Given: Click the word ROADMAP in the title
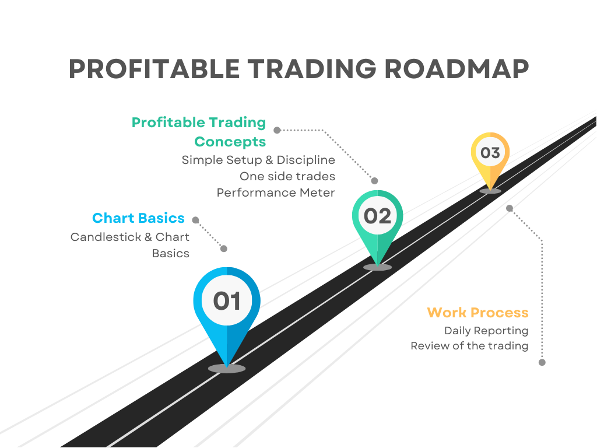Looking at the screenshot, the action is (x=456, y=69).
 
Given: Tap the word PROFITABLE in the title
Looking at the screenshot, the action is (x=154, y=69).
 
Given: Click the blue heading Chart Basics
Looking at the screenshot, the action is (x=138, y=218).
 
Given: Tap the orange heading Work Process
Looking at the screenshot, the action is (x=478, y=313).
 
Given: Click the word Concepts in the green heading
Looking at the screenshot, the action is (x=230, y=142).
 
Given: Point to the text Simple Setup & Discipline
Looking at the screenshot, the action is (x=258, y=160).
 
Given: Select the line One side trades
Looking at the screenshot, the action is (x=287, y=176).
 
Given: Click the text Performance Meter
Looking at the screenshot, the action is (x=276, y=192).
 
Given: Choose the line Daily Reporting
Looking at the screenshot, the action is (x=486, y=331).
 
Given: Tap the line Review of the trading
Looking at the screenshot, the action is (x=469, y=346).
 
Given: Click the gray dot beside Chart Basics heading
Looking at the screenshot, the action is (x=196, y=220).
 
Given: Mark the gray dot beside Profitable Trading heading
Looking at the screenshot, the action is (x=277, y=130).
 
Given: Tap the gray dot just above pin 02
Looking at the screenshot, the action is (x=375, y=181).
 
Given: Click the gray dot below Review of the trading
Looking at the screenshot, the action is (x=542, y=362).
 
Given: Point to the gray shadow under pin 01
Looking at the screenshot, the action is (x=227, y=369).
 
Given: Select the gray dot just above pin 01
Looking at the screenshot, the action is (x=224, y=249).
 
